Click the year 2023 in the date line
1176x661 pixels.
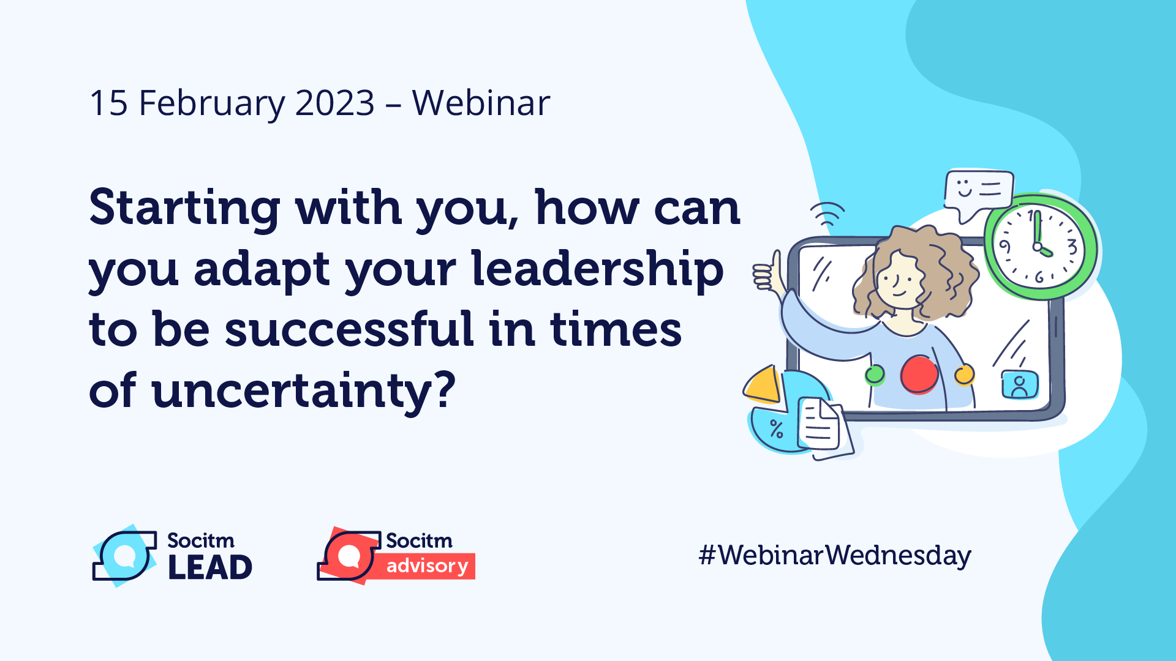[335, 103]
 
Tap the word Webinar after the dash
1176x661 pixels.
[481, 103]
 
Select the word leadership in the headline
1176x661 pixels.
[597, 269]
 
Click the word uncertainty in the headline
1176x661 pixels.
[304, 392]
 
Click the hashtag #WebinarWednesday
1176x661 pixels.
[835, 555]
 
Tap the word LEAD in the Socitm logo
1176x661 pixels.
[210, 567]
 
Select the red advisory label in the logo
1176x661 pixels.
[428, 566]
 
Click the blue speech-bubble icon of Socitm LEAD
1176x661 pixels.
[124, 556]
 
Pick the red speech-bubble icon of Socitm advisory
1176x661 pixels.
[349, 556]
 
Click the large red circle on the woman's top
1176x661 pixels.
[919, 375]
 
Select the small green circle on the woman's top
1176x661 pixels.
[875, 375]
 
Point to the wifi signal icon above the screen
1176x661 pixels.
[827, 213]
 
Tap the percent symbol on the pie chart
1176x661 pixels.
[777, 428]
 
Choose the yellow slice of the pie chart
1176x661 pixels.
[763, 385]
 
